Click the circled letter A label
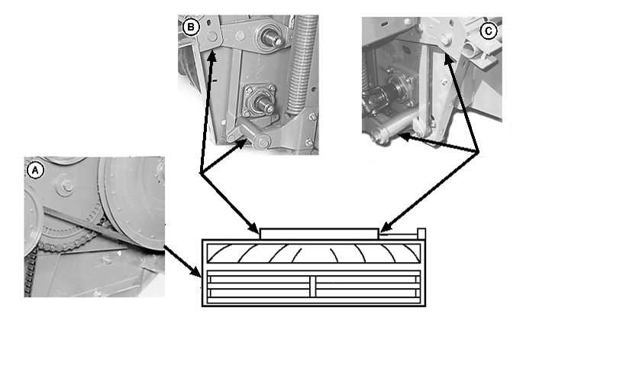tap(35, 170)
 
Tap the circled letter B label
tap(191, 28)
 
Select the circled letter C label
tap(489, 31)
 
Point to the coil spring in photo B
tap(303, 64)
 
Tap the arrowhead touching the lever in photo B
tap(242, 144)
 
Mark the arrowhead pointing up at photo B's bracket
tap(211, 56)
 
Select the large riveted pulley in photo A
tap(133, 203)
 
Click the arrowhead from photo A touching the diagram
tap(196, 271)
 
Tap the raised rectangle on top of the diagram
tap(319, 234)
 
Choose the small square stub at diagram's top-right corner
tap(421, 234)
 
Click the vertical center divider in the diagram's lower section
tap(313, 286)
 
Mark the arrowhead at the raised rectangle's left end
tap(254, 228)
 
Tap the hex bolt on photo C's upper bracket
tap(445, 40)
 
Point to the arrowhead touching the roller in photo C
tap(404, 138)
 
